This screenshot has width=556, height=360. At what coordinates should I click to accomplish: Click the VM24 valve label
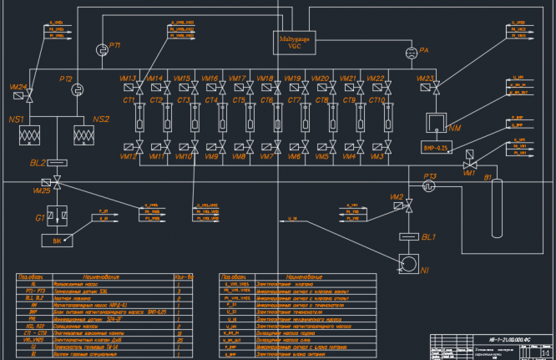[18, 86]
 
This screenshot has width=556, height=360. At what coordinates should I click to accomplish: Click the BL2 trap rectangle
[57, 161]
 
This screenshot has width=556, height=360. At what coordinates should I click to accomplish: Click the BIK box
[57, 241]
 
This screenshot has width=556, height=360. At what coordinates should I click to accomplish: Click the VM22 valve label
[375, 79]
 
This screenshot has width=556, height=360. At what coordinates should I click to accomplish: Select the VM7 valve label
[266, 156]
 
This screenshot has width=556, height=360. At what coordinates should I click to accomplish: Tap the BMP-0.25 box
[438, 147]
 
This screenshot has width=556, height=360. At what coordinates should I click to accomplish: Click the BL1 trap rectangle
[409, 236]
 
